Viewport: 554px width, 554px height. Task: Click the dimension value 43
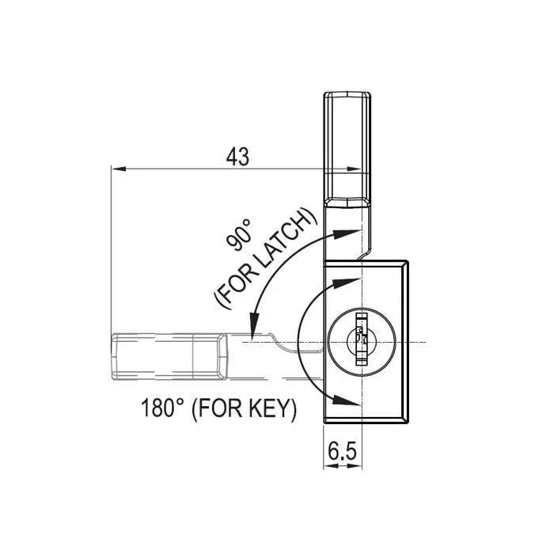[x=237, y=157]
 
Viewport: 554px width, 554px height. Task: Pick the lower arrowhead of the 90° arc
[x=254, y=327]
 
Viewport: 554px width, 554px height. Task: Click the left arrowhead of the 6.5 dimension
[x=328, y=466]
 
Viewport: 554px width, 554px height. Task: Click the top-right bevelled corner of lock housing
[x=405, y=263]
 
